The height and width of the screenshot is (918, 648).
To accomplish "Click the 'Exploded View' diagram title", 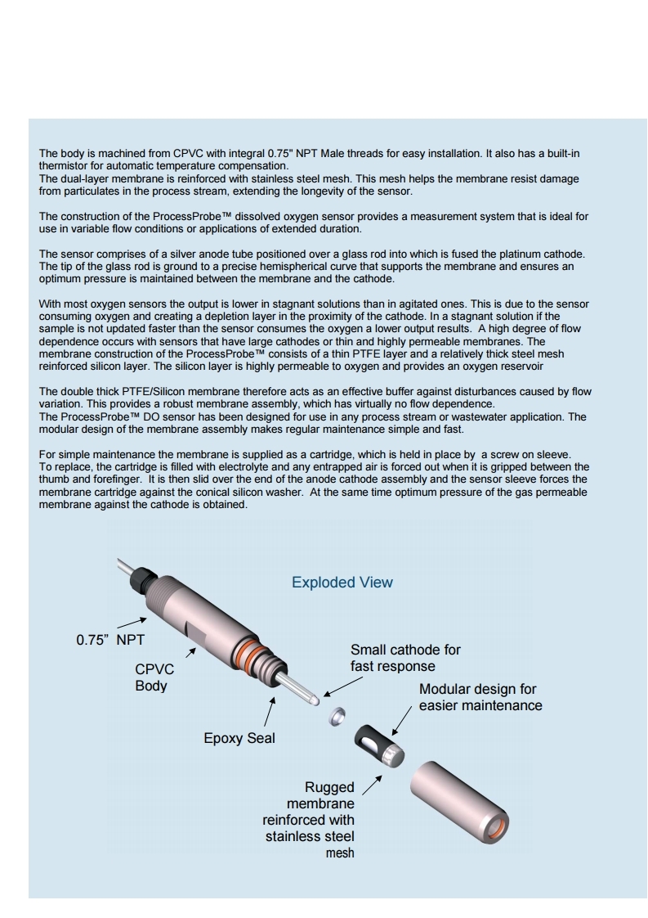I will (342, 583).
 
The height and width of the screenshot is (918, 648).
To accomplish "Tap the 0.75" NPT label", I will (109, 640).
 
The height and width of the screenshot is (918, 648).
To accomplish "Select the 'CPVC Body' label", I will (154, 677).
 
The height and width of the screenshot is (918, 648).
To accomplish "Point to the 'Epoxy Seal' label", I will (239, 738).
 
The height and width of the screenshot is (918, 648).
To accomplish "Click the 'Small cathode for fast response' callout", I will (405, 658).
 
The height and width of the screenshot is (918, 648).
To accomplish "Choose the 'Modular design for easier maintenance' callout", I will (480, 697).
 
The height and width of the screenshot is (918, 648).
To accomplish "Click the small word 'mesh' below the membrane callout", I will (340, 853).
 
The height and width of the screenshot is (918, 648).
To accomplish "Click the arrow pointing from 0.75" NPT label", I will (132, 622).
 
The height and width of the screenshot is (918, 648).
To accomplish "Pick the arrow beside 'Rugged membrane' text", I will (372, 785).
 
